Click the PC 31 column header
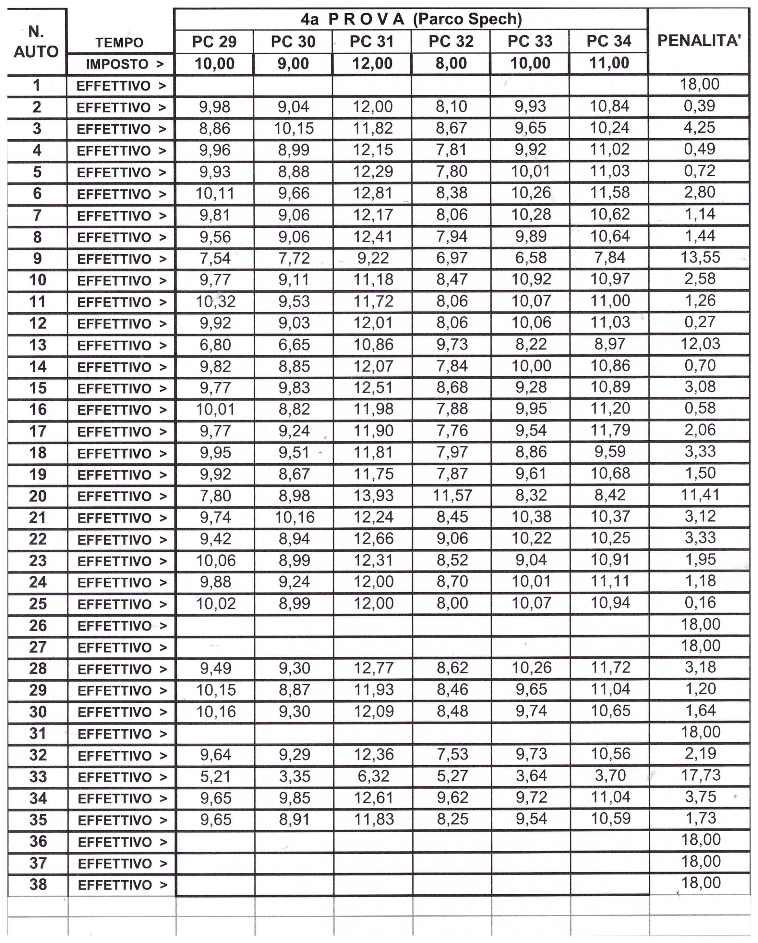372,42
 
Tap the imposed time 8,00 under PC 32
451,63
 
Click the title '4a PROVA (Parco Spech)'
411,19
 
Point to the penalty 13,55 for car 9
700,258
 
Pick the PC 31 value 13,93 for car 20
373,496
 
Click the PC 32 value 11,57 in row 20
452,496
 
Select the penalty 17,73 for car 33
700,775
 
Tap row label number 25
38,604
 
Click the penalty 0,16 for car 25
700,603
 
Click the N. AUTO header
36,42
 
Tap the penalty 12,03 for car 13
700,344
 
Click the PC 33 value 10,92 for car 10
531,279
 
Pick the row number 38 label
38,885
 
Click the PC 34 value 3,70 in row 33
610,776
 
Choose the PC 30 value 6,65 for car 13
294,345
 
